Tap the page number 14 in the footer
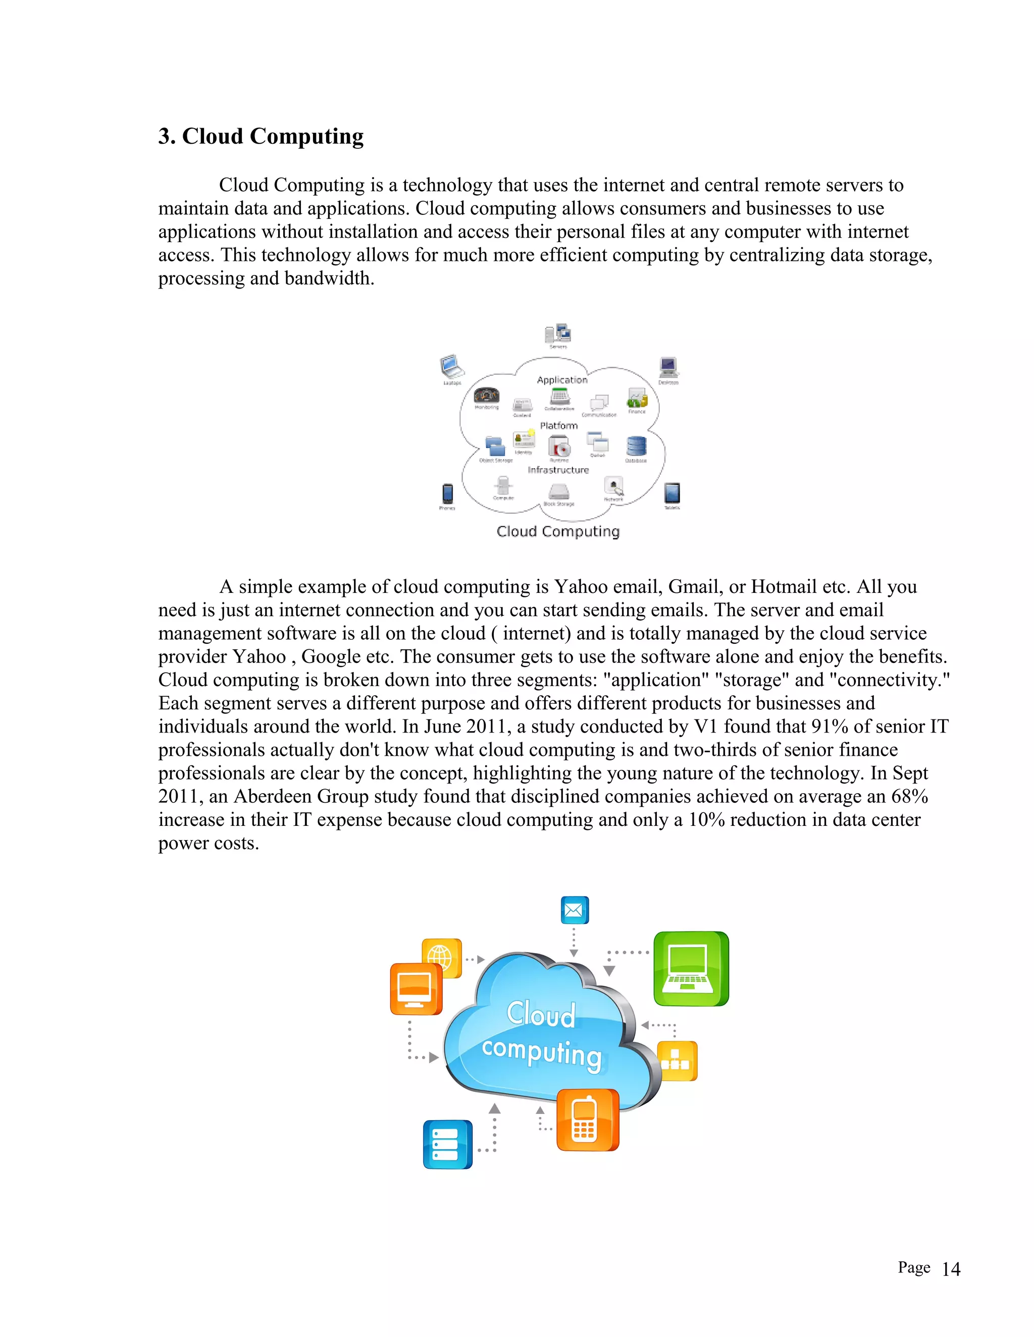[x=951, y=1269]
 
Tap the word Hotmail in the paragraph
[x=784, y=586]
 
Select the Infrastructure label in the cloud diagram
[x=558, y=470]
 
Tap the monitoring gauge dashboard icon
[x=487, y=396]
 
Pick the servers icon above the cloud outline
[x=558, y=333]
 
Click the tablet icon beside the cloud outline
[x=672, y=493]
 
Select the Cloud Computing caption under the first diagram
[x=558, y=531]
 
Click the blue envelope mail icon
[x=575, y=910]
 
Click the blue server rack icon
[x=447, y=1144]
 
